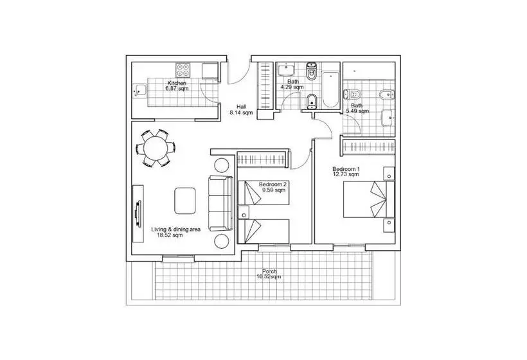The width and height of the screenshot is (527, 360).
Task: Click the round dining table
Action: click(x=156, y=148)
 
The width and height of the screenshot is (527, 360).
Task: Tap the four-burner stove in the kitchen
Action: click(x=183, y=70)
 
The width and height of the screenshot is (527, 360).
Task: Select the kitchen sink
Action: click(x=139, y=90)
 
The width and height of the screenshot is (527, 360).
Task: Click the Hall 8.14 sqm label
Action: click(x=241, y=110)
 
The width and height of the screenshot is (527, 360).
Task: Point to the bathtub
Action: click(x=330, y=89)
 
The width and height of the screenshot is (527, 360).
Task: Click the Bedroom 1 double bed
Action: click(x=369, y=199)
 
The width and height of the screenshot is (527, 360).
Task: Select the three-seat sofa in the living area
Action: click(x=221, y=203)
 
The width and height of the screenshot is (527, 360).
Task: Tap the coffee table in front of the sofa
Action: click(x=185, y=201)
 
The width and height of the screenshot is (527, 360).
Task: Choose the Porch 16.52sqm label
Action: click(x=269, y=274)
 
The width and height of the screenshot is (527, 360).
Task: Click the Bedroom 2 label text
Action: click(x=272, y=184)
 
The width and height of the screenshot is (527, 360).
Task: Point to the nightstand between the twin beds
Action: click(x=244, y=212)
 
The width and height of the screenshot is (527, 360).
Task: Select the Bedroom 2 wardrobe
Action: click(x=262, y=159)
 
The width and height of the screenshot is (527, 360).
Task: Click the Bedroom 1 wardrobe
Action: click(x=369, y=147)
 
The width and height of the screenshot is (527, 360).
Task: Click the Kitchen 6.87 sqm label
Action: click(x=177, y=85)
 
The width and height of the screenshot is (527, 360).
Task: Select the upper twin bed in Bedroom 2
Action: click(x=263, y=193)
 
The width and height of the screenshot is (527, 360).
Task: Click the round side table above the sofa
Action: click(x=222, y=165)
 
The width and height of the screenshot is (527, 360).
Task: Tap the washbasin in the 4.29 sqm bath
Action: click(x=286, y=69)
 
